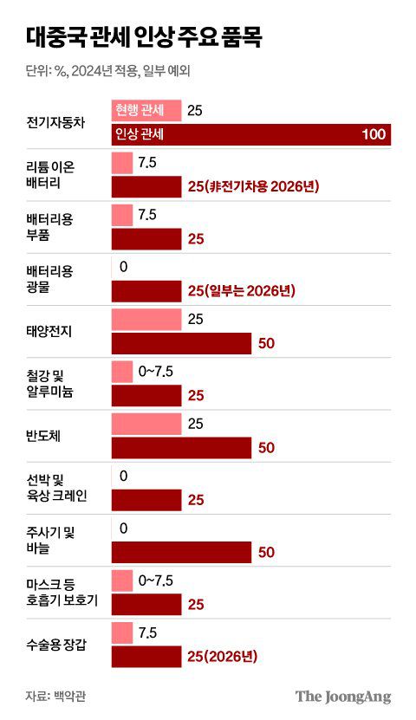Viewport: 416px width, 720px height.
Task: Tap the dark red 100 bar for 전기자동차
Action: click(251, 134)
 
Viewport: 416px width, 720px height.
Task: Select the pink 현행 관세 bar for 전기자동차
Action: click(146, 111)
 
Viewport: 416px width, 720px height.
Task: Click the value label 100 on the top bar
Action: click(374, 134)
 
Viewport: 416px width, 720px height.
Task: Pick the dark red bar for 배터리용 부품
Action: click(146, 238)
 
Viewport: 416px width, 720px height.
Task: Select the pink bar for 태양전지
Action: click(146, 319)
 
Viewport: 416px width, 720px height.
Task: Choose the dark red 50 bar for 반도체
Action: click(181, 447)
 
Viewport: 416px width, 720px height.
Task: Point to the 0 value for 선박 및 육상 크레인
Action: click(124, 475)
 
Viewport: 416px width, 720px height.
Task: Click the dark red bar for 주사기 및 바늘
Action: click(181, 551)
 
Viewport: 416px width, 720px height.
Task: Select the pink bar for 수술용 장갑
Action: click(122, 632)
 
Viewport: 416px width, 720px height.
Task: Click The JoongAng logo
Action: click(343, 696)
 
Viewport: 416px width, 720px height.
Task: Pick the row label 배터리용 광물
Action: click(49, 278)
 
